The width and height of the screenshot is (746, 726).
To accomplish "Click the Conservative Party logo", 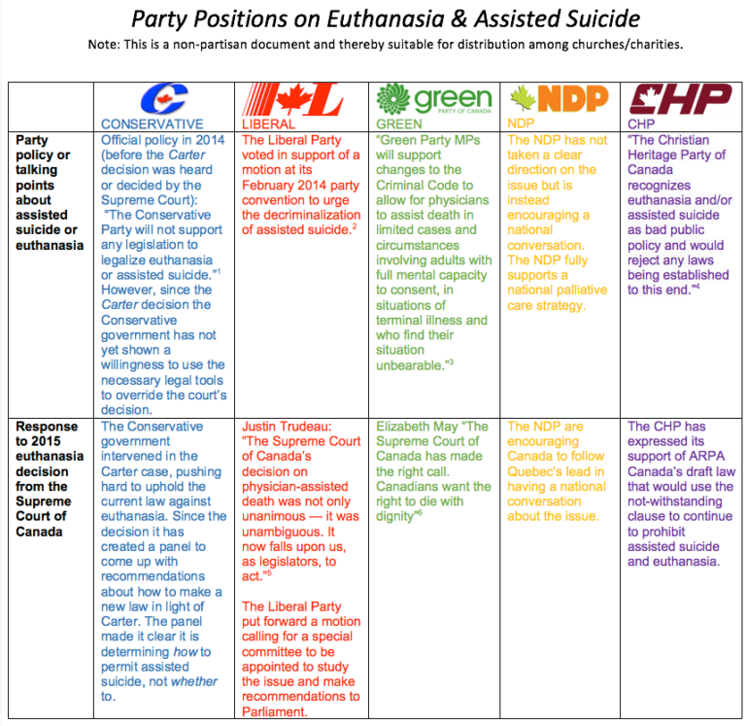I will click(x=163, y=99).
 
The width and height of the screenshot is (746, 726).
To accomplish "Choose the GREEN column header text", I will click(x=399, y=124).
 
